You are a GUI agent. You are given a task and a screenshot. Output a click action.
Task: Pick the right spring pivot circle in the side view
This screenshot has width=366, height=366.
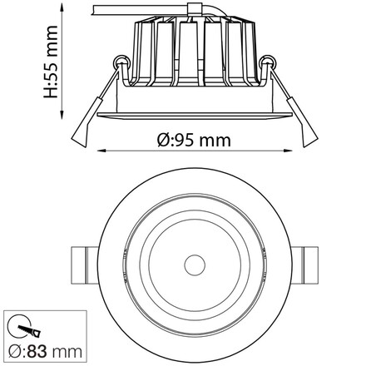(x=270, y=62)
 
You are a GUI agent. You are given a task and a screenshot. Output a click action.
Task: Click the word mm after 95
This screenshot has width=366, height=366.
(x=216, y=141)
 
